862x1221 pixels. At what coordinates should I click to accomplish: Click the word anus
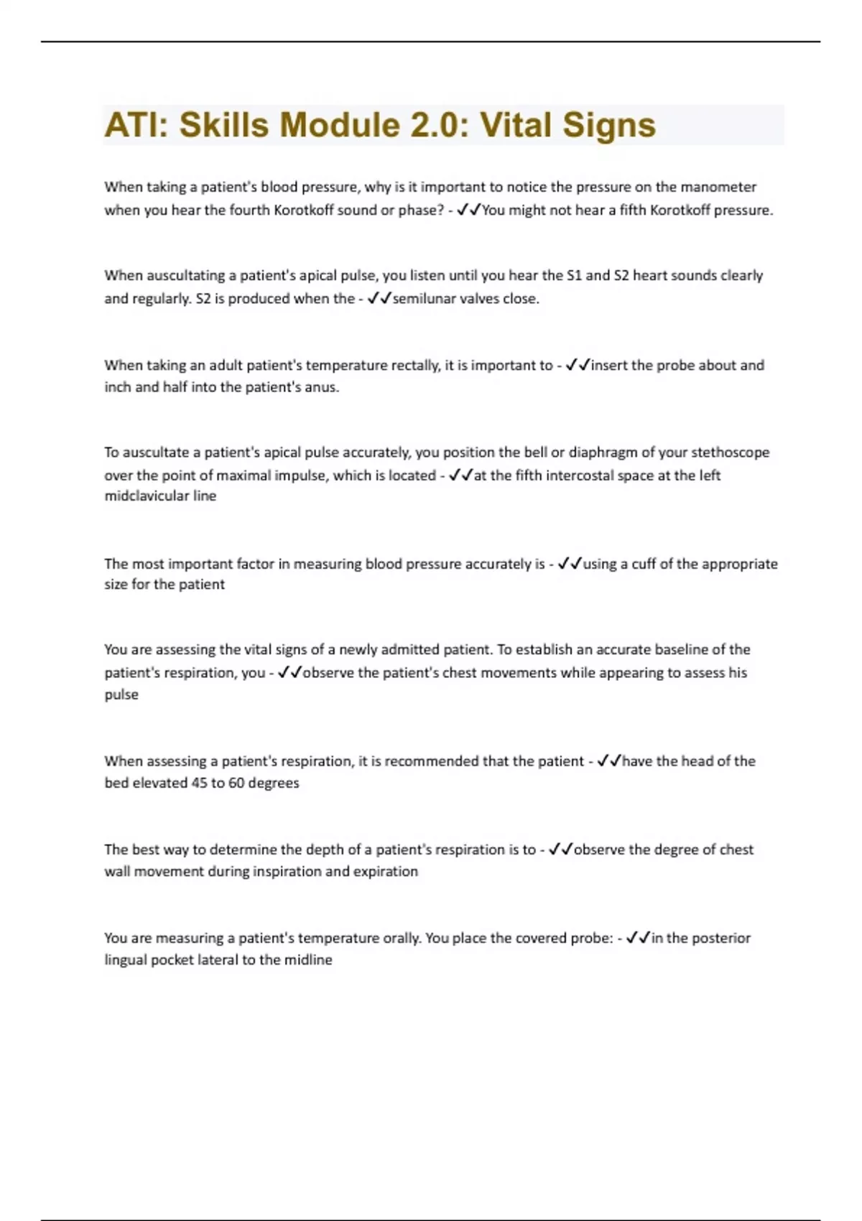(323, 387)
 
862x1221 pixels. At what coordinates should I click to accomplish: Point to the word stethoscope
(730, 452)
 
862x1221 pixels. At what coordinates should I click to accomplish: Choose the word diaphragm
(603, 452)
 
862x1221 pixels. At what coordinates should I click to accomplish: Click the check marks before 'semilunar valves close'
(379, 299)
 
